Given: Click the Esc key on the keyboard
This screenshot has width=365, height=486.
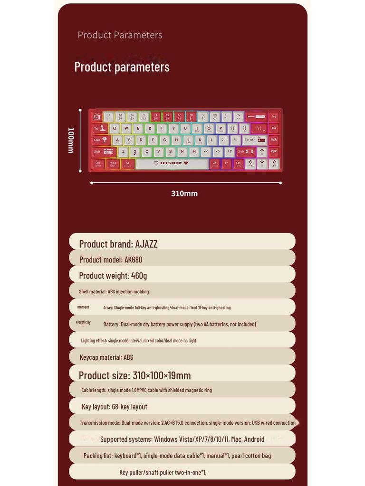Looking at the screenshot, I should [x=96, y=116].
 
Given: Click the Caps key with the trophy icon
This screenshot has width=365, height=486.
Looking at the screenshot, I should [x=100, y=140].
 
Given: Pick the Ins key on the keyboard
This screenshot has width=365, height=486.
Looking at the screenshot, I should [x=274, y=116].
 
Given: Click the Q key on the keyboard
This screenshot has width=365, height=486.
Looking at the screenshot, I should [x=115, y=128].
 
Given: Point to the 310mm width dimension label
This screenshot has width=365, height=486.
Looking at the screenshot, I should [x=184, y=194].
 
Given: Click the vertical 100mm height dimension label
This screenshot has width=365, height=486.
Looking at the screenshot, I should [x=70, y=140].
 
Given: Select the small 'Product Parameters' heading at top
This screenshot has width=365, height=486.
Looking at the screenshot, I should [x=120, y=35].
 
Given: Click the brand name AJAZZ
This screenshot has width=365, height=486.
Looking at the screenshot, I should [x=146, y=244].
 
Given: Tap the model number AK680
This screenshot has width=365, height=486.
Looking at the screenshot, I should [x=133, y=260].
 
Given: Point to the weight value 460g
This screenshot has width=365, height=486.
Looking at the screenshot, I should [x=139, y=276].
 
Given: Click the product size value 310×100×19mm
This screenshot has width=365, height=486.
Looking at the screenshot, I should [x=162, y=375].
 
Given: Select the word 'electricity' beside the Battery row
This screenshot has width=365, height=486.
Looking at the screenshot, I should [x=83, y=322].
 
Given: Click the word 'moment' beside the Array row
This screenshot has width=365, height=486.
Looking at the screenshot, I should [x=83, y=307].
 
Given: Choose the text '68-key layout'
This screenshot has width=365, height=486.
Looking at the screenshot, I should [x=129, y=407].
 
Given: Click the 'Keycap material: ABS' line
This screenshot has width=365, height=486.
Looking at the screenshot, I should [x=106, y=357].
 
